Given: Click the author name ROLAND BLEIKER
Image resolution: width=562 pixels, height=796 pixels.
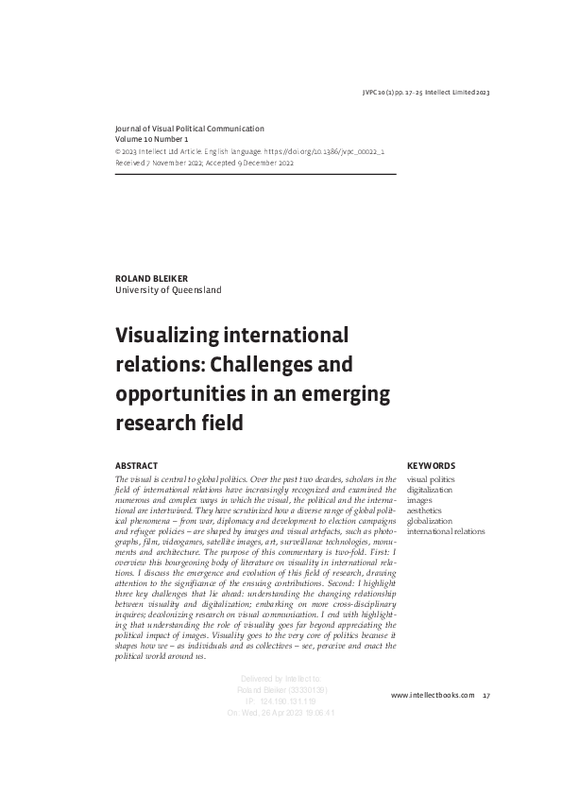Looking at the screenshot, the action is (152, 279).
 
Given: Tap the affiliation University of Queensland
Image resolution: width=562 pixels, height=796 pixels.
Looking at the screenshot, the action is (168, 290).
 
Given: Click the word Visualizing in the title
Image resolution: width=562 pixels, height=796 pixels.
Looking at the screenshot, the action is (161, 336).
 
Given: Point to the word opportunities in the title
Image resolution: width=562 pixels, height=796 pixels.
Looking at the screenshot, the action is (176, 393).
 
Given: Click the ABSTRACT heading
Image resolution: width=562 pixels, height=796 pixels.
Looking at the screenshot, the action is (136, 466).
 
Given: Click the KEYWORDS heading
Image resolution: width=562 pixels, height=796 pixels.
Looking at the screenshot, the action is (431, 466).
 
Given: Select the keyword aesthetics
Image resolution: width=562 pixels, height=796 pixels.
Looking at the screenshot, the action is (424, 510).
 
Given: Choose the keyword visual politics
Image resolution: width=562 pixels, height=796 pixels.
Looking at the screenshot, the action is (430, 479).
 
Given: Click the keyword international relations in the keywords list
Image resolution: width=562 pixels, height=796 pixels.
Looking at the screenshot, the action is (445, 532).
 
